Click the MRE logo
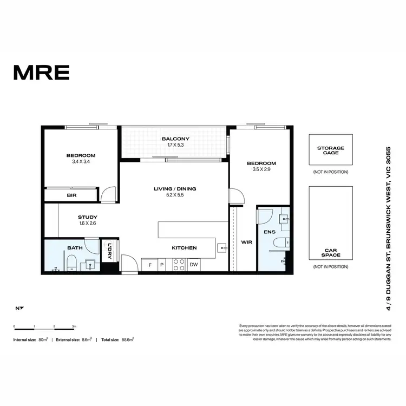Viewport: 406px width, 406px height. click(41, 71)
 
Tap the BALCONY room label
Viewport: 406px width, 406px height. click(175, 139)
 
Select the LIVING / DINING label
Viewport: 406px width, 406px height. click(175, 189)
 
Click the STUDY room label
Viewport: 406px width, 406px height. click(87, 217)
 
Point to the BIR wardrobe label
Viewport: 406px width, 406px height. click(71, 195)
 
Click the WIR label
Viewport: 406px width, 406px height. click(246, 243)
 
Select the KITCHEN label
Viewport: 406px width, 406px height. click(184, 248)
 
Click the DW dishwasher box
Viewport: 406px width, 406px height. click(193, 265)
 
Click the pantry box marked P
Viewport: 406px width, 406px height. click(161, 265)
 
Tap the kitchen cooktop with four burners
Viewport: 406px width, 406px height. click(178, 264)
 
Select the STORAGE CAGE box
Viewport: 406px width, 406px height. click(330, 150)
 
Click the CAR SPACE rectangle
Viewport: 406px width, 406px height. click(330, 223)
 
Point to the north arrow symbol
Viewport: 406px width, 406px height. click(19, 309)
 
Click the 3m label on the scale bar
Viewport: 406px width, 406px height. click(74, 327)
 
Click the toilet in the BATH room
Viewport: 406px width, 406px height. click(70, 264)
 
